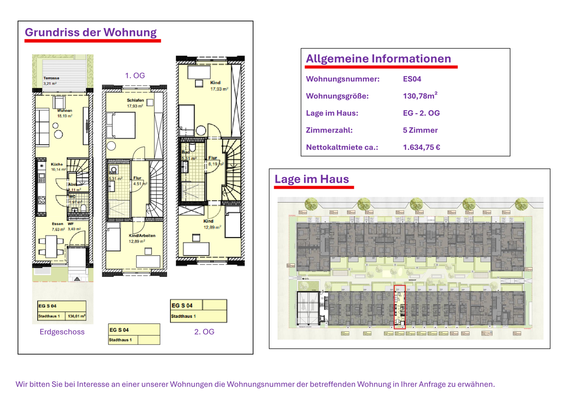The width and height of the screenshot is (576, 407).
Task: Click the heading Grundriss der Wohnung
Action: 90,32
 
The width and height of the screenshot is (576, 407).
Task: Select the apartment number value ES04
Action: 412,79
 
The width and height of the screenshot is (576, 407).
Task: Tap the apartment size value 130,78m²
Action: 420,96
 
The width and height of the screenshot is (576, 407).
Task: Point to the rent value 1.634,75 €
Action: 421,147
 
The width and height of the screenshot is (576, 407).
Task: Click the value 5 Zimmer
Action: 420,130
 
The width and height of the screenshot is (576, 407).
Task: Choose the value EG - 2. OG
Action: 421,113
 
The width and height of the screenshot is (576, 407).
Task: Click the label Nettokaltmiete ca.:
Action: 342,147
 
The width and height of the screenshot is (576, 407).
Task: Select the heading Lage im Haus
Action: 312,179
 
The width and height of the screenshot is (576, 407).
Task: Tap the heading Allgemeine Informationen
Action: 378,59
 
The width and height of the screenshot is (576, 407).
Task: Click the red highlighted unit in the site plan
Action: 400,307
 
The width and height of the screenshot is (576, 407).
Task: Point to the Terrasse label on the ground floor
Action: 51,78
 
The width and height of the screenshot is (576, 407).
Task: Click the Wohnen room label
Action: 64,111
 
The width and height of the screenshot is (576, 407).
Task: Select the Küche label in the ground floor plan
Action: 57,164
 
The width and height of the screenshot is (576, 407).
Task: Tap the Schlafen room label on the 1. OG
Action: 135,100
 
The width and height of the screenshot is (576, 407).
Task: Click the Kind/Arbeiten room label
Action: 142,236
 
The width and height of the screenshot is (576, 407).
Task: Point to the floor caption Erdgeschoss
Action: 62,332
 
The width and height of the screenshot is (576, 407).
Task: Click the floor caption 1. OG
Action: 135,76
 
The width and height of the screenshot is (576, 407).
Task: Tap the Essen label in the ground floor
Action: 57,224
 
